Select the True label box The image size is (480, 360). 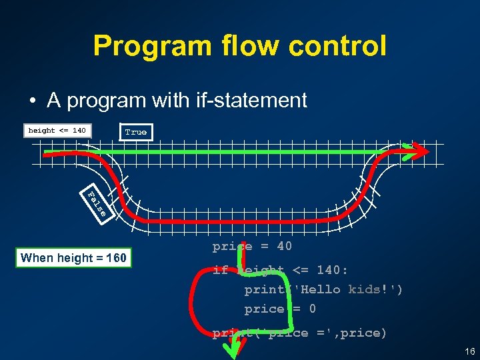(135, 132)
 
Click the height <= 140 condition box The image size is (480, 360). (57, 131)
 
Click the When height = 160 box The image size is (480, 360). (74, 258)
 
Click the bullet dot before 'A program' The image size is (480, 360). (32, 101)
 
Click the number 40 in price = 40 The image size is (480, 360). (284, 247)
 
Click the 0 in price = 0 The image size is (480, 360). (312, 309)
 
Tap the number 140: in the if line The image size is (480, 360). (332, 270)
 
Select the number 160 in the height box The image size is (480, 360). (116, 258)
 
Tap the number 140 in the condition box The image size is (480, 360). (79, 131)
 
